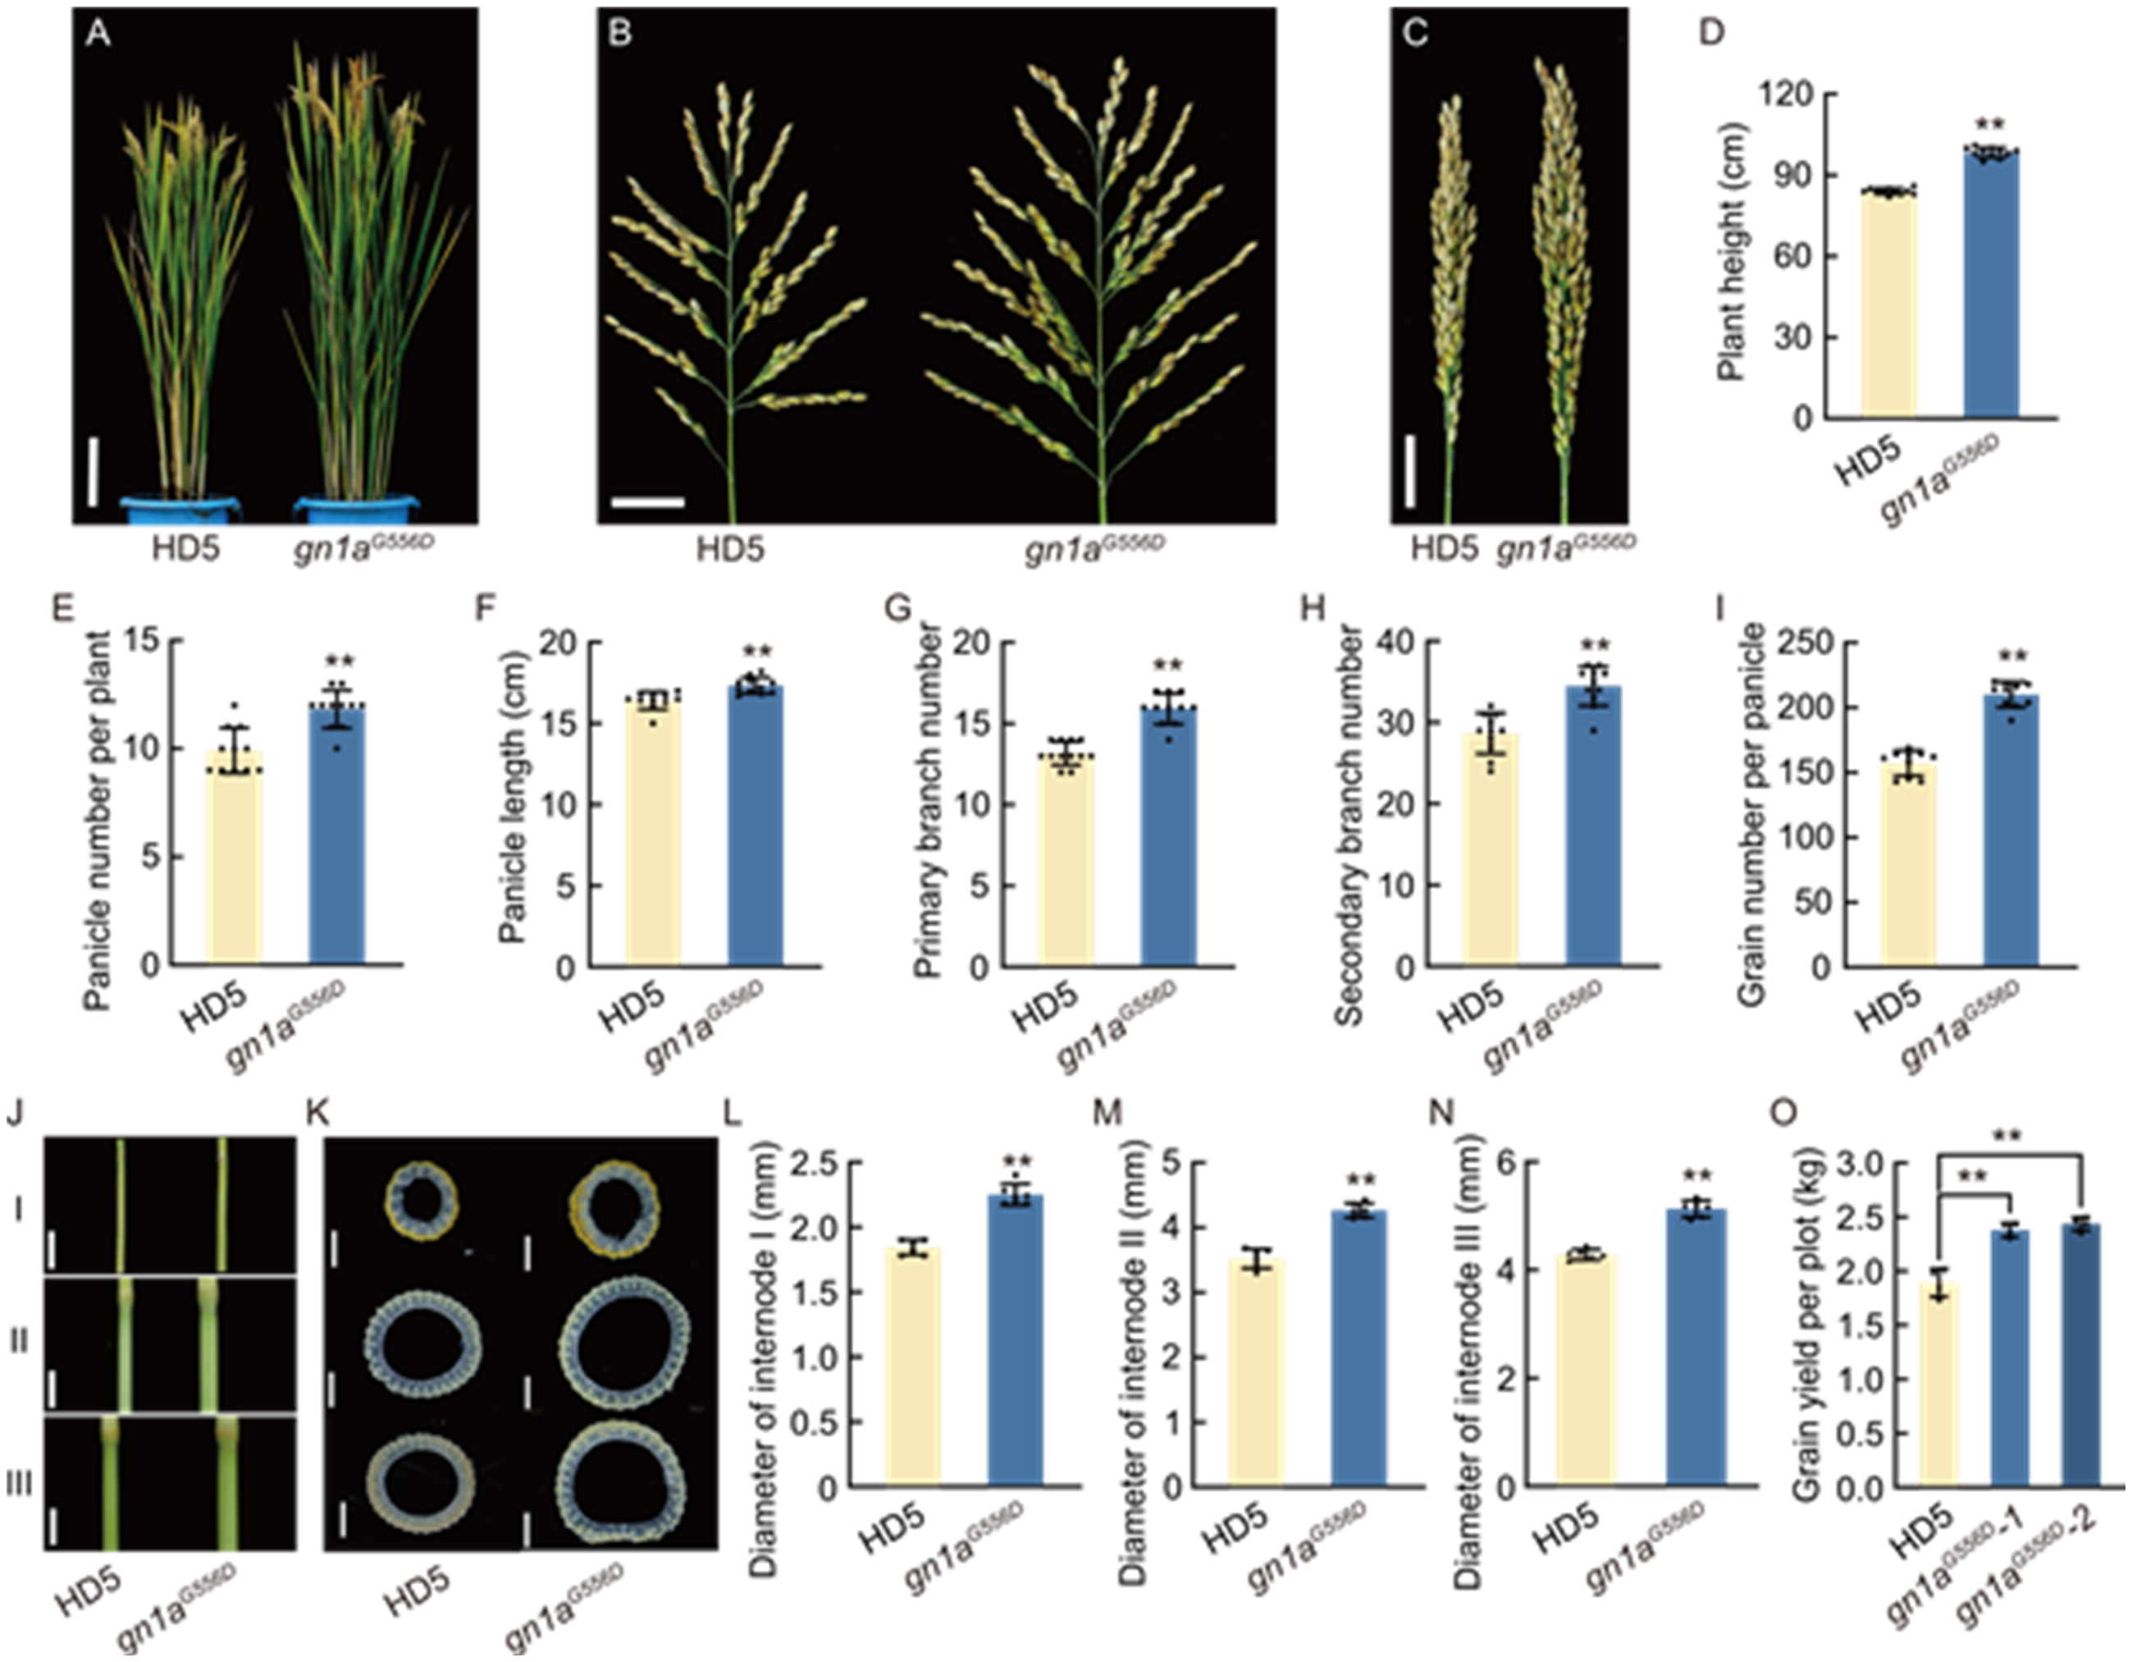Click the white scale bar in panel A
click(93, 473)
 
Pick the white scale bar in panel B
click(648, 503)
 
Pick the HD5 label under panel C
click(1444, 550)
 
